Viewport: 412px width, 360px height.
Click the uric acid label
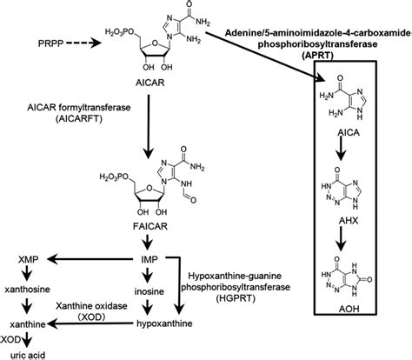point(23,353)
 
